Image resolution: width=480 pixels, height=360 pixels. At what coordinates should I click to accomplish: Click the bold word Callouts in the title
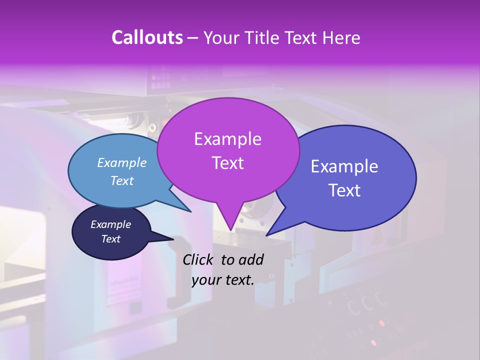(147, 37)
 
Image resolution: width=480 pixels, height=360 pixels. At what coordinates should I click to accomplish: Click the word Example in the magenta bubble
(227, 139)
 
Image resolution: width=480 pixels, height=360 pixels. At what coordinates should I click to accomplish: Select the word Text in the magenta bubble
(227, 163)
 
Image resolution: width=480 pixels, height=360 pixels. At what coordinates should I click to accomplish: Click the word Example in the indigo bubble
(344, 166)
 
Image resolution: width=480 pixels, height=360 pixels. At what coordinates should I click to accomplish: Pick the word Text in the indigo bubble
(344, 190)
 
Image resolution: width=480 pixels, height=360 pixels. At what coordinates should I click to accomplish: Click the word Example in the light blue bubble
(122, 162)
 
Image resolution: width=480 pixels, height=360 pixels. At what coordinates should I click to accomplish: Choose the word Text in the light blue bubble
(122, 180)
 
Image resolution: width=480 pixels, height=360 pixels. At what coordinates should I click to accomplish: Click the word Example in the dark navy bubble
(111, 224)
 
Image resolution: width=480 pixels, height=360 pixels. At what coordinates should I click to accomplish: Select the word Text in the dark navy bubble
(111, 239)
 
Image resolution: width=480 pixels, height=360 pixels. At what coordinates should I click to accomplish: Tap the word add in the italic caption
(251, 259)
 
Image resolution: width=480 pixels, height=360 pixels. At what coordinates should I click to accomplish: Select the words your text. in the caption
(223, 279)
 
